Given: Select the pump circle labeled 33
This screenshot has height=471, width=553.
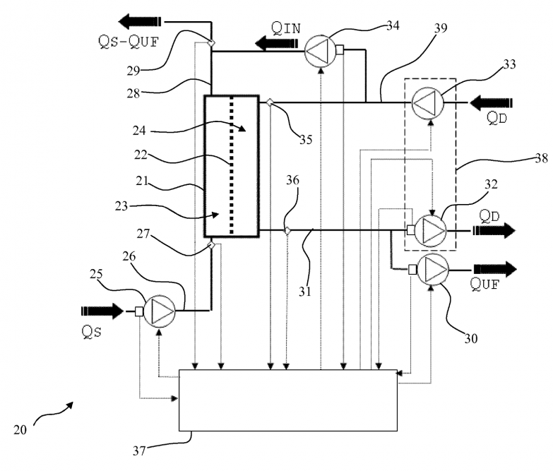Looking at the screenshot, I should [x=426, y=103].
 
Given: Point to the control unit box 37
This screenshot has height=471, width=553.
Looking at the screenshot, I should [x=287, y=400].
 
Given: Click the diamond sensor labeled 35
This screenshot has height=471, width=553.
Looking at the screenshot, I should [x=269, y=102].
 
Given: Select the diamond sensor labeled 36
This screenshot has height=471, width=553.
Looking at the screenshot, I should [x=287, y=230].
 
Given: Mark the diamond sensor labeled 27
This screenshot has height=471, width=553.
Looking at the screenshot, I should [x=210, y=245].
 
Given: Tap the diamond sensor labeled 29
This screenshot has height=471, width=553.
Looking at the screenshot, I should [x=210, y=44].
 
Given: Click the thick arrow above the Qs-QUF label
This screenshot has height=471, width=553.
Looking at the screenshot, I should [x=140, y=20].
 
